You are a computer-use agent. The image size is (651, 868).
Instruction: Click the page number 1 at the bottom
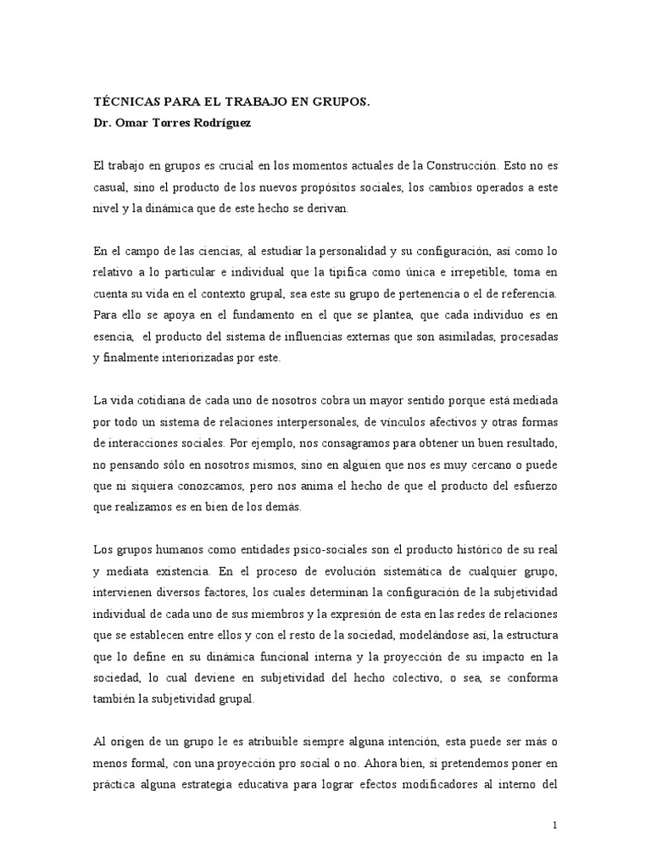click(x=554, y=826)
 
